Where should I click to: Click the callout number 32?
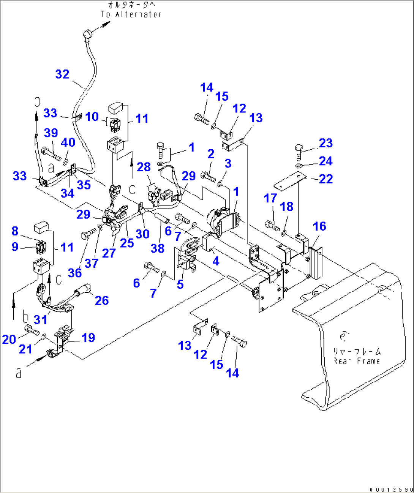pos(62,74)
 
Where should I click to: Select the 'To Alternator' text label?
pos(131,14)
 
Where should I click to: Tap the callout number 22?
pos(326,179)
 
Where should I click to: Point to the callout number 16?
pos(319,226)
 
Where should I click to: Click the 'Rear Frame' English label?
pos(357,361)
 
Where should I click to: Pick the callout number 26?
pos(102,300)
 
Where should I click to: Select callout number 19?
pos(88,338)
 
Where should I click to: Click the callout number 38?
pos(157,248)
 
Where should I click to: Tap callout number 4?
pos(216,261)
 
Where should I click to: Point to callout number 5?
pos(180,284)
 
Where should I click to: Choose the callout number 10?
pos(92,117)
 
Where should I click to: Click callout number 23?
pos(326,143)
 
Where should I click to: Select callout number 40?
pos(68,142)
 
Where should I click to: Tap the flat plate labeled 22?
pos(291,180)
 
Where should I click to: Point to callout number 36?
pos(75,273)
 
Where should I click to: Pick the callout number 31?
pos(41,319)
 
